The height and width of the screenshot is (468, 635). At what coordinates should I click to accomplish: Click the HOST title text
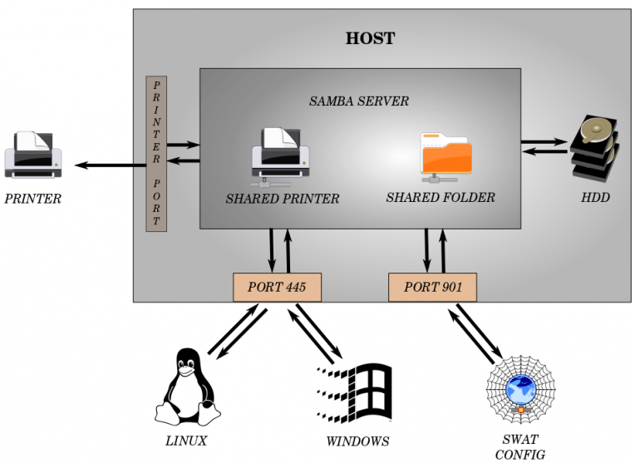[370, 38]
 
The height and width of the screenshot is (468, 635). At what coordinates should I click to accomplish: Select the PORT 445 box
[277, 288]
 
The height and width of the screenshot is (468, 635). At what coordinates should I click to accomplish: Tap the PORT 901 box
[432, 288]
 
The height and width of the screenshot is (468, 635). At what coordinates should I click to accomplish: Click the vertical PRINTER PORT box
[156, 154]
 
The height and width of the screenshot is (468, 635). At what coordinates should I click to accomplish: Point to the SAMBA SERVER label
[359, 101]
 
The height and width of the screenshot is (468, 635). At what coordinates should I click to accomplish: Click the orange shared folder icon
[446, 156]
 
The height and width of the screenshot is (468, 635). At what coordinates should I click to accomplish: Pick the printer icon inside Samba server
[280, 155]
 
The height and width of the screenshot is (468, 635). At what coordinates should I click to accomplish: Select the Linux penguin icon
[186, 386]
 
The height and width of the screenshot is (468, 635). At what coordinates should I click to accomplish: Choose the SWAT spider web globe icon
[520, 390]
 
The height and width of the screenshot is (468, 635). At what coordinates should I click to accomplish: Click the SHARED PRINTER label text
[283, 200]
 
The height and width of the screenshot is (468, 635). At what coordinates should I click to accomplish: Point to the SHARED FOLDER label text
[441, 198]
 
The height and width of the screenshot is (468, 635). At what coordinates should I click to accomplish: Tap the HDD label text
[595, 198]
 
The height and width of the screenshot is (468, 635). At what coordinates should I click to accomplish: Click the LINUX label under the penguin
[186, 441]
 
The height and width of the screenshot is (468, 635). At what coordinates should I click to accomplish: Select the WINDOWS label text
[357, 441]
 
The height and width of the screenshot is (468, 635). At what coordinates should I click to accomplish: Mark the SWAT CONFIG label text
[520, 446]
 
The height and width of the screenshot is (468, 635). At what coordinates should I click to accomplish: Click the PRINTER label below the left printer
[33, 199]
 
